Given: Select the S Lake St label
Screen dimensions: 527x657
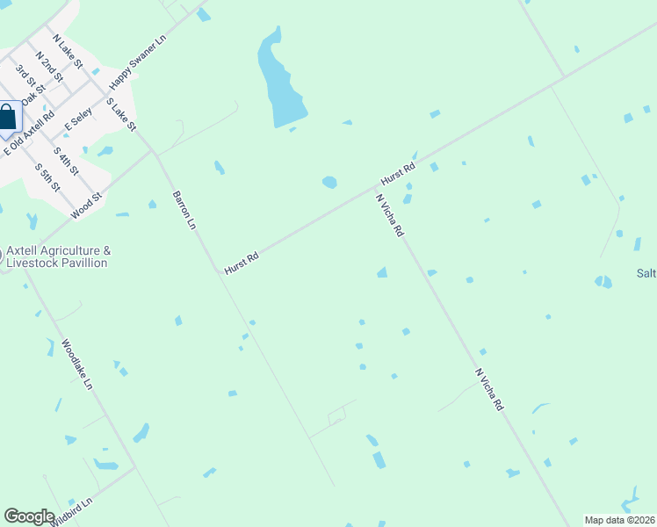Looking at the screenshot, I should (121, 114).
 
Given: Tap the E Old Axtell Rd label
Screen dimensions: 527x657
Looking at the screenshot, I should (30, 133).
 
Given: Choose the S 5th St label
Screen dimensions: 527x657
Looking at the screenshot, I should (47, 177).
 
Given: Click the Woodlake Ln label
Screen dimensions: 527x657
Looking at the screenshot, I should (76, 366).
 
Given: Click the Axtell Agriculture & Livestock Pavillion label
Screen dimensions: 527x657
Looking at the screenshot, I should (59, 256).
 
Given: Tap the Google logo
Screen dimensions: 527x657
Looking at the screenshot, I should (29, 516).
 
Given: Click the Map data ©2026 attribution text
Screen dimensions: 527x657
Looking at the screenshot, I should (619, 519).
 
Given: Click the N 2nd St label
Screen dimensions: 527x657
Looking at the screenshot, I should (49, 67).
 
